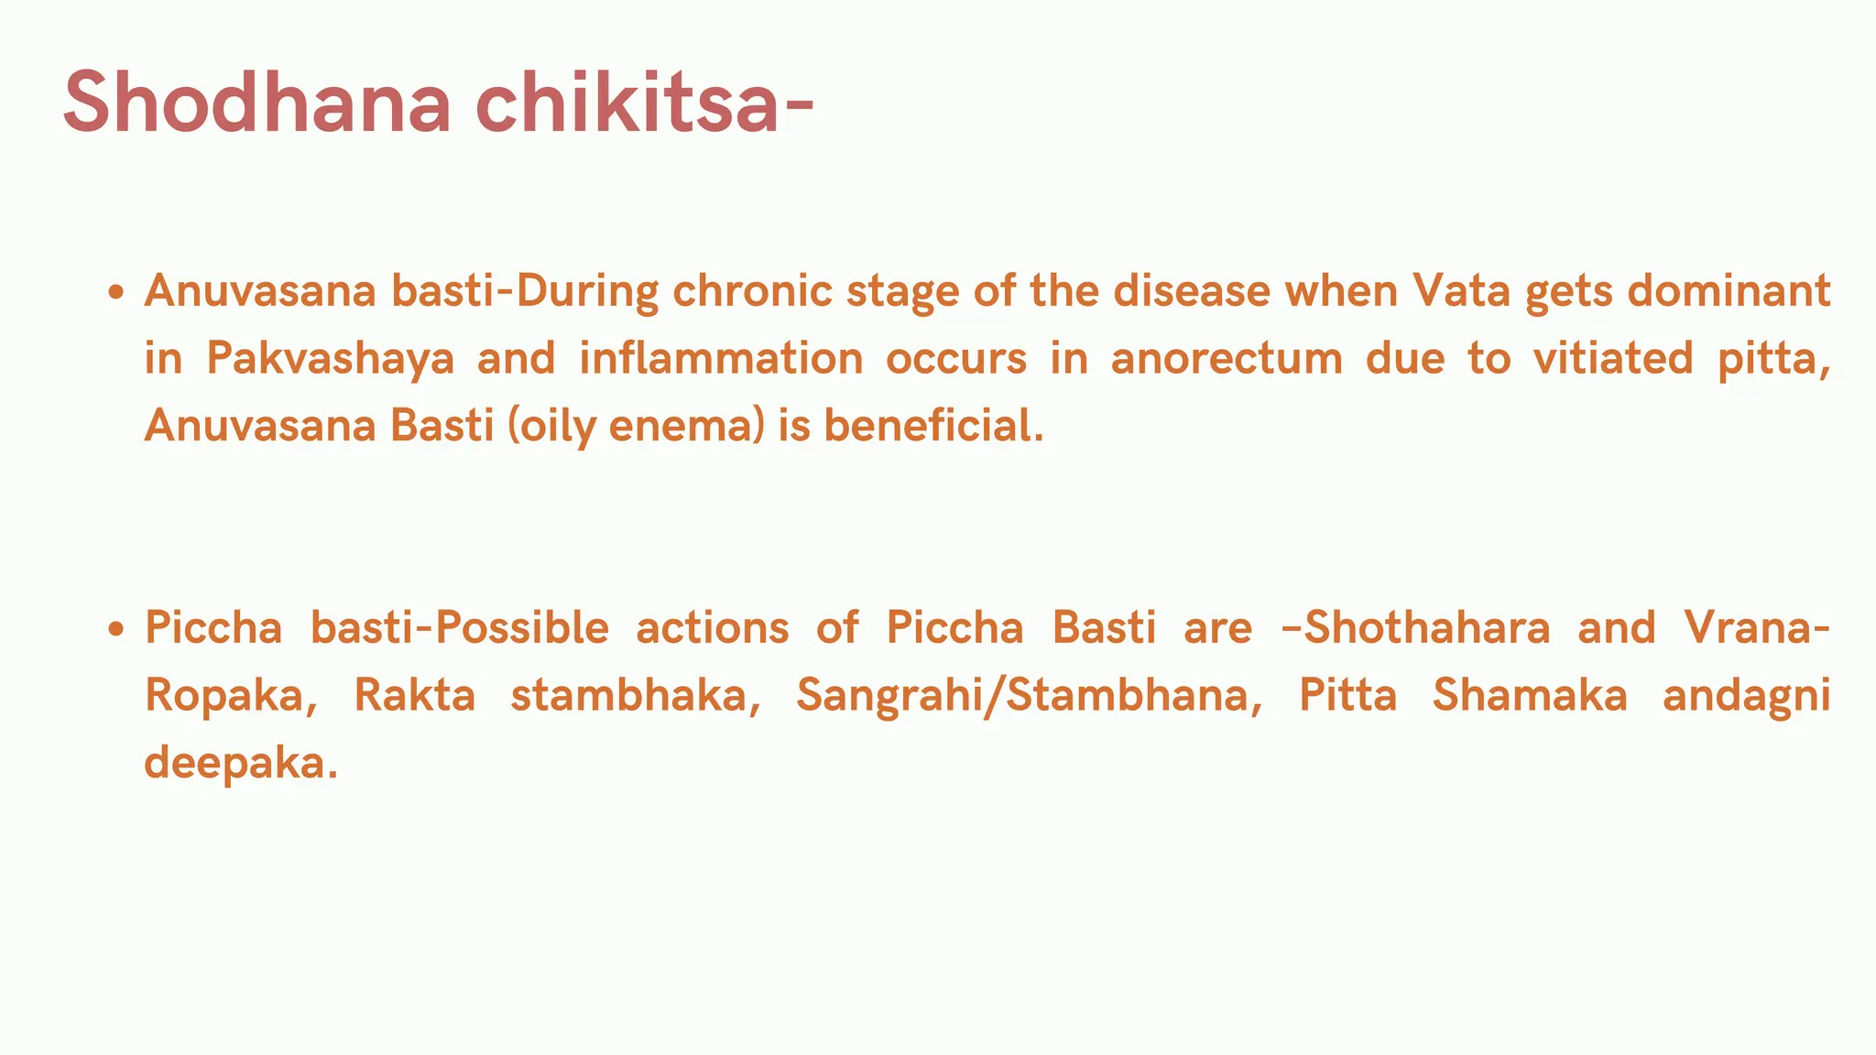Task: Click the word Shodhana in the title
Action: pos(257,103)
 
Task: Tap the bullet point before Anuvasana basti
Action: pos(115,293)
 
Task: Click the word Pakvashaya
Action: pos(330,359)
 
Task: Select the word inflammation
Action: pos(721,358)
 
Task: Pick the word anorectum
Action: pos(1227,358)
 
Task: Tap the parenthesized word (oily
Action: pos(551,427)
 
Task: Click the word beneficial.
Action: pos(933,426)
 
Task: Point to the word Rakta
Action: pos(415,695)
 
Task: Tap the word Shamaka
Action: pos(1530,695)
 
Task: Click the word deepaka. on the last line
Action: pos(241,763)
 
